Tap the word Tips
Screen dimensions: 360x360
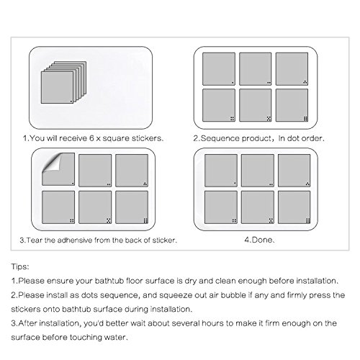pyautogui.click(x=20, y=266)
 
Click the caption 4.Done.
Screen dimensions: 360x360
pyautogui.click(x=259, y=240)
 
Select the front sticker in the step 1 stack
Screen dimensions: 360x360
pyautogui.click(x=57, y=88)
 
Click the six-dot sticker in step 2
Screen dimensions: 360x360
pyautogui.click(x=292, y=105)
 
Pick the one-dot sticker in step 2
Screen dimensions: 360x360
pyautogui.click(x=219, y=69)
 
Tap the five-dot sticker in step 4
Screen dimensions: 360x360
pyautogui.click(x=258, y=207)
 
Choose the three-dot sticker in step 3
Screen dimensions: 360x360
pyautogui.click(x=132, y=171)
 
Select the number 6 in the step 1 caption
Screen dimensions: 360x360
pyautogui.click(x=91, y=138)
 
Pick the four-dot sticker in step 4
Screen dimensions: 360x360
pyautogui.click(x=221, y=207)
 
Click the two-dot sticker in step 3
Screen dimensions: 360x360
pyautogui.click(x=95, y=171)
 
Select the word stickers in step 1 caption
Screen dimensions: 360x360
pyautogui.click(x=147, y=138)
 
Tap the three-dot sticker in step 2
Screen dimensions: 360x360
pyautogui.click(x=292, y=69)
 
